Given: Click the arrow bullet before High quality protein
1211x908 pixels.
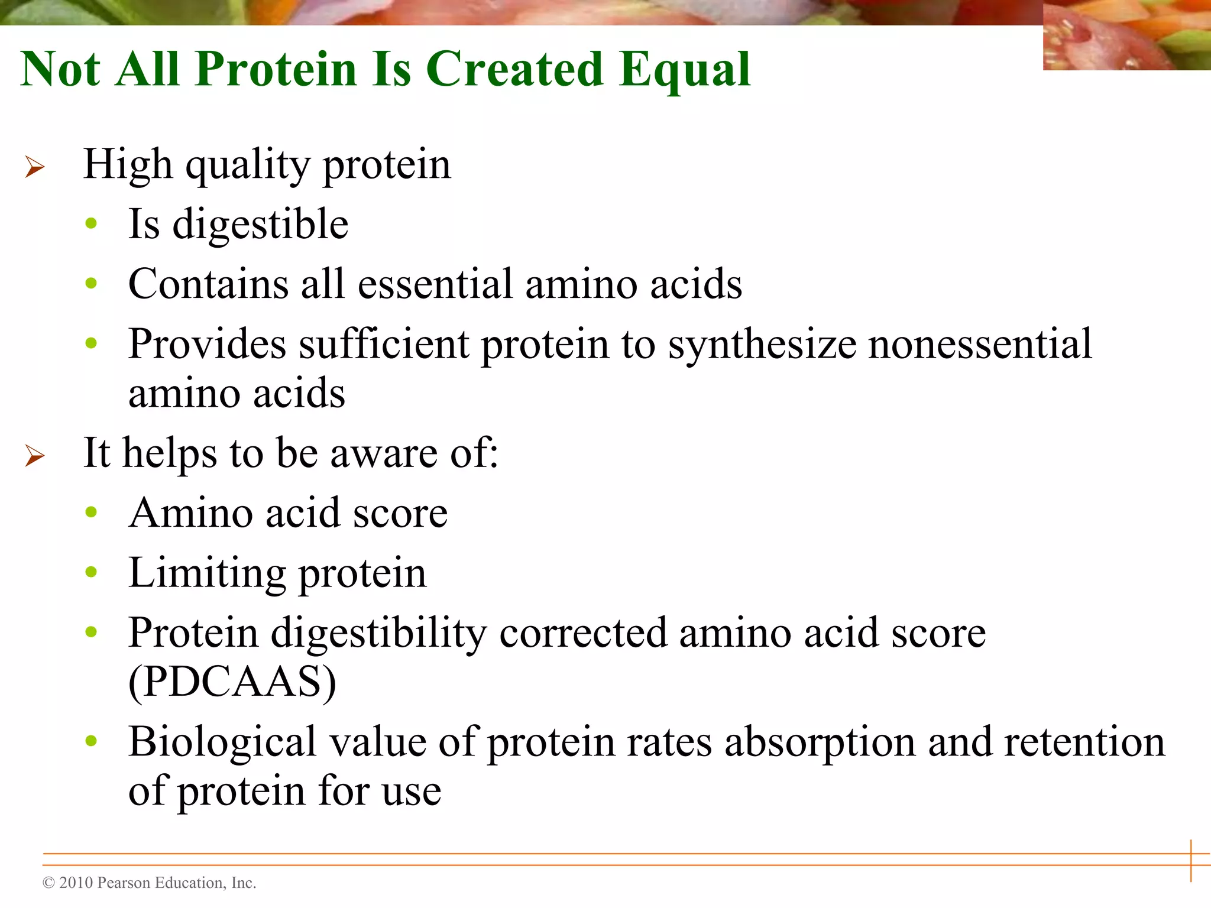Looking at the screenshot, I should coord(34,167).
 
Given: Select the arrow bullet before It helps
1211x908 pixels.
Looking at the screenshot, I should coord(34,455).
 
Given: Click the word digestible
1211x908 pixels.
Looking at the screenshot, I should coord(260,225).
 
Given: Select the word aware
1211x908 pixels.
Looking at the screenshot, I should coord(383,454).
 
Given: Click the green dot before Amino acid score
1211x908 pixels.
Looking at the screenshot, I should coord(90,512).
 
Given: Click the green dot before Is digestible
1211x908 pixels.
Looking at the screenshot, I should coord(90,223).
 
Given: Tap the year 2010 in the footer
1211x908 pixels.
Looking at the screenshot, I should coord(76,883).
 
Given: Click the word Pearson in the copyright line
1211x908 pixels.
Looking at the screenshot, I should coord(122,883).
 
